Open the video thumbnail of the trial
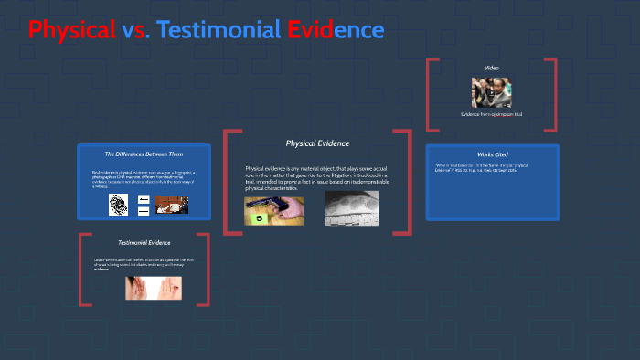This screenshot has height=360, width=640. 491,92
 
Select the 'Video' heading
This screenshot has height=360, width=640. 491,68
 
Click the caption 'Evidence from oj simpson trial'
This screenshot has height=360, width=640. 491,114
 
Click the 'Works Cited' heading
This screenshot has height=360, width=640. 492,154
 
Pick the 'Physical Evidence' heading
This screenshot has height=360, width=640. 317,143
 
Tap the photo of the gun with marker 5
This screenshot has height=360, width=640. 273,209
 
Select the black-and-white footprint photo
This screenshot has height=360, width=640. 351,209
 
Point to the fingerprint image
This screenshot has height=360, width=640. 118,204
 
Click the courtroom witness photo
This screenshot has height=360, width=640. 171,204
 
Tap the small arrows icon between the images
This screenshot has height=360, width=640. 144,204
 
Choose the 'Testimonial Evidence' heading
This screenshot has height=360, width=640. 144,243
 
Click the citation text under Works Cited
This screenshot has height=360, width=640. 485,168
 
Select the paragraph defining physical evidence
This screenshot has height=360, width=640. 316,178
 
